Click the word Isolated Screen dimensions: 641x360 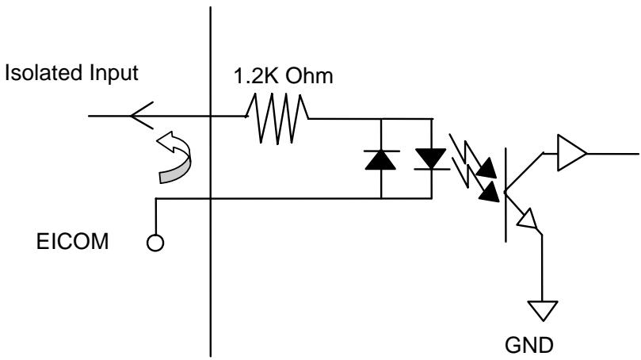(x=44, y=73)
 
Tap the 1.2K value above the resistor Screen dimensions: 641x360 (x=256, y=76)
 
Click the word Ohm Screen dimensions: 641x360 (x=309, y=76)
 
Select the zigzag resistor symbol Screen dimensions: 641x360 (x=277, y=119)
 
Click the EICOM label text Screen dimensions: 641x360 (x=73, y=241)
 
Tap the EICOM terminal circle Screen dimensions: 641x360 (x=155, y=243)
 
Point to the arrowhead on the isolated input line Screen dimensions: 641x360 (x=142, y=116)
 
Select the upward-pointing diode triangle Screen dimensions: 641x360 (x=380, y=159)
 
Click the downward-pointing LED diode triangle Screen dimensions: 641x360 (x=431, y=159)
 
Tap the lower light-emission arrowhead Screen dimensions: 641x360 (x=490, y=192)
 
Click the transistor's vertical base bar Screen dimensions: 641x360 (x=506, y=195)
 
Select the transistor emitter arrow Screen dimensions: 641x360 (x=528, y=219)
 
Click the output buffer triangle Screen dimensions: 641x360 (x=571, y=152)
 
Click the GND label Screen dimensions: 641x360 (x=529, y=345)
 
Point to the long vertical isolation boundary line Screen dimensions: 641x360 (x=211, y=182)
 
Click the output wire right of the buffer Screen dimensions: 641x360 (x=612, y=154)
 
